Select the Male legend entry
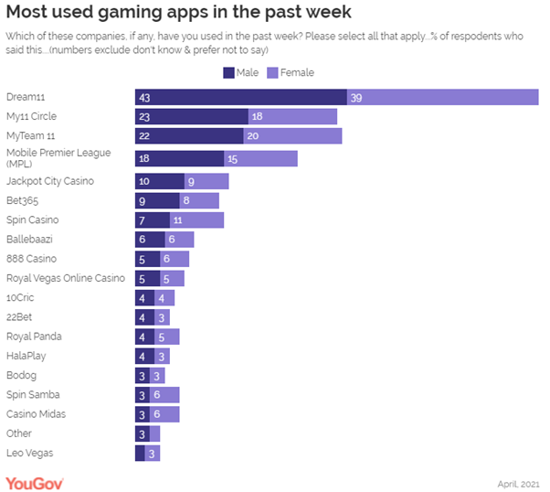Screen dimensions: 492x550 click(240, 72)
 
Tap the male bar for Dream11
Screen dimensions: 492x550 click(240, 97)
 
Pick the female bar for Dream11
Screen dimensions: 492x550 click(442, 97)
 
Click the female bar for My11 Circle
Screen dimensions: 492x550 click(292, 117)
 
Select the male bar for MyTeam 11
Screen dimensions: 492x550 click(189, 136)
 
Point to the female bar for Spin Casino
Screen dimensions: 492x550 click(196, 220)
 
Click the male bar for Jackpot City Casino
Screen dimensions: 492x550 click(160, 181)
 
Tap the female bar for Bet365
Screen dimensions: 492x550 click(199, 200)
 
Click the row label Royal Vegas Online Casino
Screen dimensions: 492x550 click(65, 278)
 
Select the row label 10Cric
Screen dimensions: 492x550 click(21, 297)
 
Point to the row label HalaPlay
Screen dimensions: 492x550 click(26, 355)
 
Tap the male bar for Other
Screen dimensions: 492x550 click(142, 433)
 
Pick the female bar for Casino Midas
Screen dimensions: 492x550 click(164, 414)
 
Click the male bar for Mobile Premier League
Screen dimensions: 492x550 click(179, 159)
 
